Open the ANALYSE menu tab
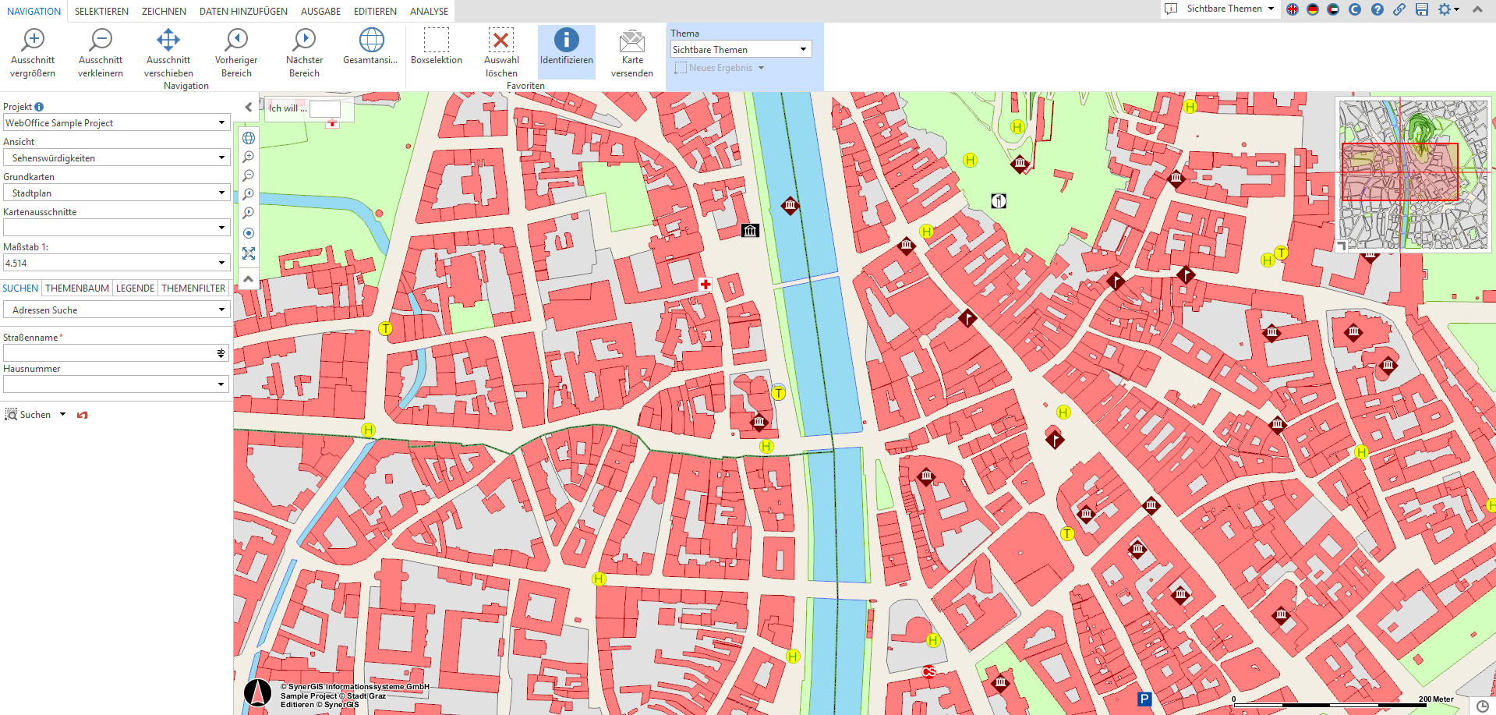429,11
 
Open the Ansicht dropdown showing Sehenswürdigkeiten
115,158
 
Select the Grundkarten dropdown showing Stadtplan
115,193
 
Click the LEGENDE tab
135,288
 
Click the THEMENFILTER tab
193,288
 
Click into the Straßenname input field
109,353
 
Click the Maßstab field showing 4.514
109,263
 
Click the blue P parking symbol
1144,699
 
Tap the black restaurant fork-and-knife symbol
999,201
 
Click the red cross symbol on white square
705,285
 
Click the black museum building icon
750,230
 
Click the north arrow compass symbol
257,692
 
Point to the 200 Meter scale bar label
1435,699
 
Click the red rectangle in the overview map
1399,172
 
